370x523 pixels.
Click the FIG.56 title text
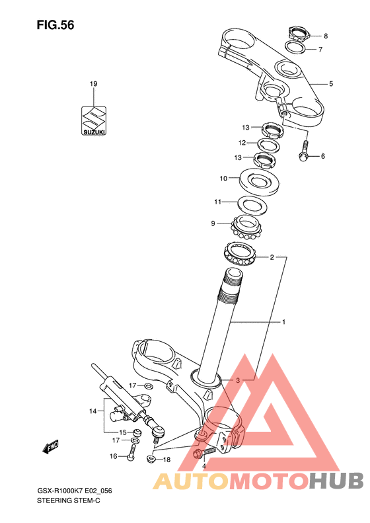(55, 25)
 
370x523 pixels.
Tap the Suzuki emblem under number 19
(94, 121)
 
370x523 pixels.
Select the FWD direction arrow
(51, 446)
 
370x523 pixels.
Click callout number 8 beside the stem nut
(326, 36)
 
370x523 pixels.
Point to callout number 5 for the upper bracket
(330, 84)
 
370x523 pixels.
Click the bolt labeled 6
(305, 151)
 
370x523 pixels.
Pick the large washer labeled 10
(259, 182)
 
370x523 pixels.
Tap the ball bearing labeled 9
(246, 227)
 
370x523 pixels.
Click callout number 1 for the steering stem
(283, 322)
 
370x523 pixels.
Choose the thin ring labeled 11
(252, 206)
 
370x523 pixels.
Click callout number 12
(242, 143)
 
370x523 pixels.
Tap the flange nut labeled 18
(151, 459)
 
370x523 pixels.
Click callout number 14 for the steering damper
(92, 411)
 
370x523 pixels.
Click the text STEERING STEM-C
(68, 501)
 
